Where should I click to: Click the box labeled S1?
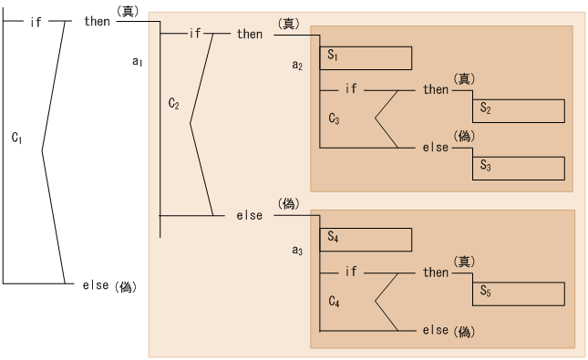(x=366, y=57)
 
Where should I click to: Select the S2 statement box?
(x=517, y=110)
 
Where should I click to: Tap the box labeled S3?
(x=517, y=167)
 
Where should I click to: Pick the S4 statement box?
(x=366, y=239)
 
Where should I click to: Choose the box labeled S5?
(x=517, y=293)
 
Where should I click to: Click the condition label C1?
(x=17, y=137)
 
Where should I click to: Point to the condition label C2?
(x=174, y=104)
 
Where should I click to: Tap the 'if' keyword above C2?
(x=194, y=34)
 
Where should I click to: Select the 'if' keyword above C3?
(x=352, y=90)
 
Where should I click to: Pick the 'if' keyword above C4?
(x=352, y=272)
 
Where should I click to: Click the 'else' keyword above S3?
(x=436, y=147)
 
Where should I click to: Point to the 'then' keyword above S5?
(x=436, y=272)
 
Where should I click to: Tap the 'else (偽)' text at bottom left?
(x=108, y=286)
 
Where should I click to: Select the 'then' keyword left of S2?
(x=436, y=90)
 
